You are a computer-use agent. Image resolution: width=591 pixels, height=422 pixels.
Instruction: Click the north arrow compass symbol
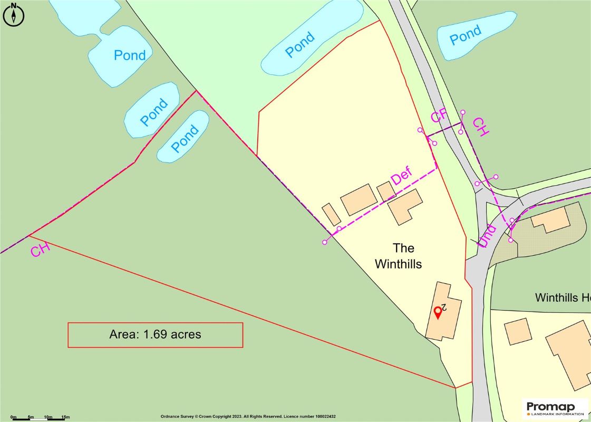[x=14, y=14]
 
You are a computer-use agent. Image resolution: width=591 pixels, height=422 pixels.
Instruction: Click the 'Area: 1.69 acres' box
[x=155, y=334]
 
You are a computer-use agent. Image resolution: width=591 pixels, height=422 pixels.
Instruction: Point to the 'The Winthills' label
[x=398, y=256]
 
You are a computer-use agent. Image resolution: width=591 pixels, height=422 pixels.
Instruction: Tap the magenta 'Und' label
[x=488, y=236]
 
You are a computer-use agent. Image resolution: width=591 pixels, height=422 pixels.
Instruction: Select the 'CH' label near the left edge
[x=40, y=250]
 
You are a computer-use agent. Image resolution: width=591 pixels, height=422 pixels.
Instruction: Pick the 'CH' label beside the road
[x=480, y=127]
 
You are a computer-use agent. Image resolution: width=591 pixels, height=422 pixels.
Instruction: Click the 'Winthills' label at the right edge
[x=562, y=298]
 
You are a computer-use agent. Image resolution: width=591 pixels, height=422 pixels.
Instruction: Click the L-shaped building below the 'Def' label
[x=404, y=206]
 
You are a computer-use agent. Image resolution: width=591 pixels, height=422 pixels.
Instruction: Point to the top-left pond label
[x=130, y=55]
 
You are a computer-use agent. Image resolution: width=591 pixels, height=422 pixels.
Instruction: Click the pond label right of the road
[x=465, y=35]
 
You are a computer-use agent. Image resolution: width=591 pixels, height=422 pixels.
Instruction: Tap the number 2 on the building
[x=444, y=306]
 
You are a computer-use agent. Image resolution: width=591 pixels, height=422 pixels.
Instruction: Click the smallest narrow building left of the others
[x=331, y=214]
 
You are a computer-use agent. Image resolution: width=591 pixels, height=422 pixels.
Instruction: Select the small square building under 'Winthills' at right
[x=517, y=332]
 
